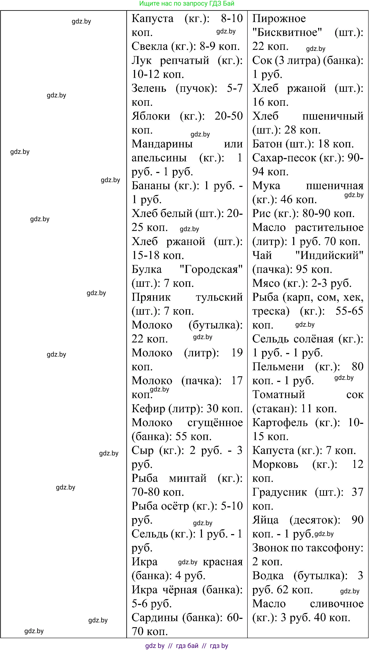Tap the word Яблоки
pos(151,116)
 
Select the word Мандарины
pos(162,144)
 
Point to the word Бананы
pos(151,186)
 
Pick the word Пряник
pos(151,297)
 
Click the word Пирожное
pos(279,18)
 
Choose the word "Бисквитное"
pos(287,33)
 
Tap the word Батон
pos(267,144)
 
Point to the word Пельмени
pos(278,367)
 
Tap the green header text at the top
pos(187,4)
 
